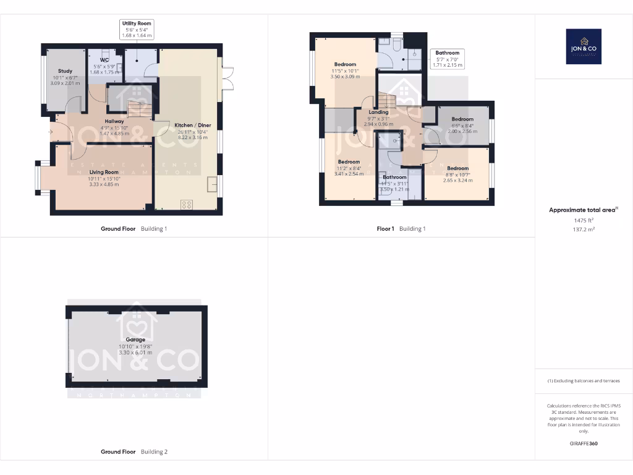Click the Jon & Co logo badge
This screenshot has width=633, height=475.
[x=584, y=46]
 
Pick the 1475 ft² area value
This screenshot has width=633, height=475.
[x=584, y=220]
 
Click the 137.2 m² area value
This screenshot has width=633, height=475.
[x=584, y=229]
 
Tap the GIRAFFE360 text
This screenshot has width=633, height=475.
[x=584, y=443]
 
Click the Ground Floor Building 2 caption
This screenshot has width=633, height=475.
[x=134, y=452]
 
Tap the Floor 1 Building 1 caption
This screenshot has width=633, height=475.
[x=401, y=229]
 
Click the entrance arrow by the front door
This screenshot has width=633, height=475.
[x=49, y=132]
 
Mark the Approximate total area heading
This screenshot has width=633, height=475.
[x=582, y=210]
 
